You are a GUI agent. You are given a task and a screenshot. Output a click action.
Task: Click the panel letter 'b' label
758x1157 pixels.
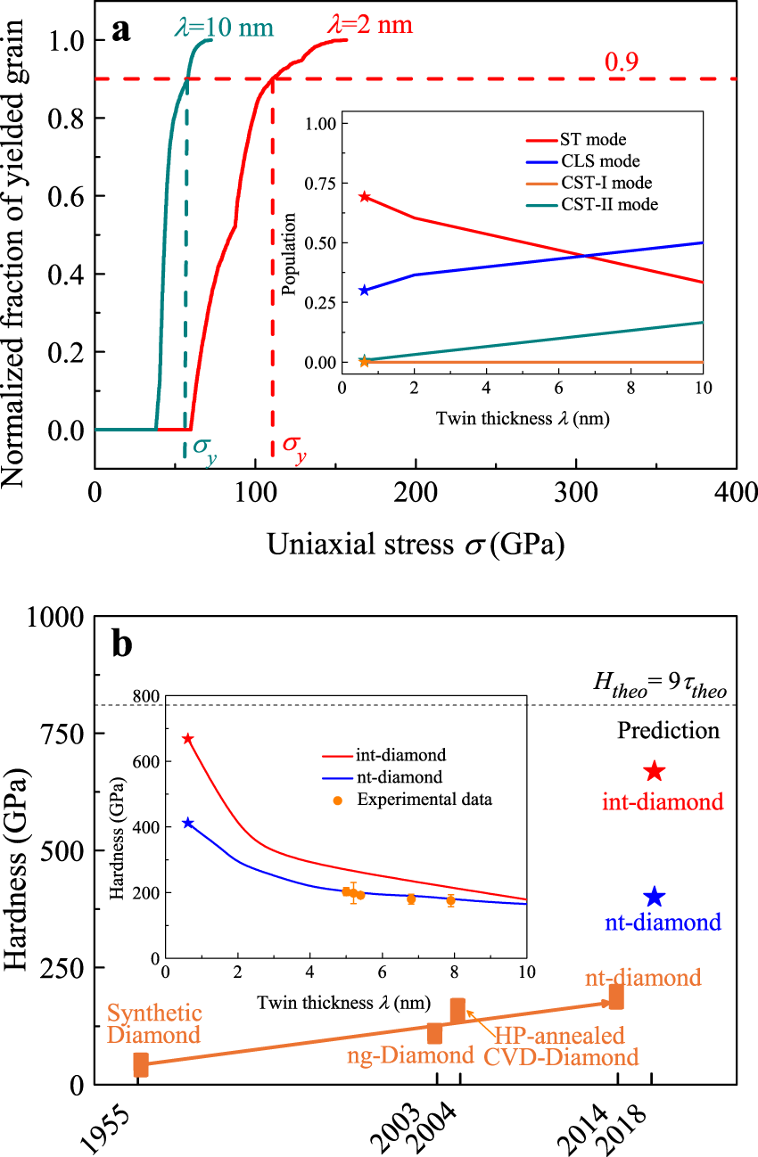[x=122, y=642]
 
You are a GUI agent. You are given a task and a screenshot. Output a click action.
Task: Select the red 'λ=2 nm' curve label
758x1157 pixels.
[x=370, y=22]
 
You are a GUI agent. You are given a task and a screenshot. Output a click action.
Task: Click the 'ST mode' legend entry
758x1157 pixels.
[x=593, y=139]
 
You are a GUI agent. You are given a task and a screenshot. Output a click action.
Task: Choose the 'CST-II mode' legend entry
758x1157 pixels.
[x=609, y=205]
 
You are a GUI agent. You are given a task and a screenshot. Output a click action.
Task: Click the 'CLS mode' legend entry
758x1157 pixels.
[x=599, y=161]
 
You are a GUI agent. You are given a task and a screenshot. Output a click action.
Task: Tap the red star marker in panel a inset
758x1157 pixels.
[x=364, y=196]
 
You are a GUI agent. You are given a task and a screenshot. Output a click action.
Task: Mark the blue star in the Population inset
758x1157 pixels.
[x=364, y=291]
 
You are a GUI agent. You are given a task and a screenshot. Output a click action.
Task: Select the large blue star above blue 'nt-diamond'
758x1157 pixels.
[x=655, y=897]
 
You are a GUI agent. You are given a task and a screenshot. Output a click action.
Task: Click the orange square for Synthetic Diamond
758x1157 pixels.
[x=141, y=1064]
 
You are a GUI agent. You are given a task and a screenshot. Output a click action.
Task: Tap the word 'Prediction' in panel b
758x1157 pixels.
[x=668, y=731]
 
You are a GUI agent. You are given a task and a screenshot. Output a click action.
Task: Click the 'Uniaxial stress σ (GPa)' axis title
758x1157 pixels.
[x=416, y=543]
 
